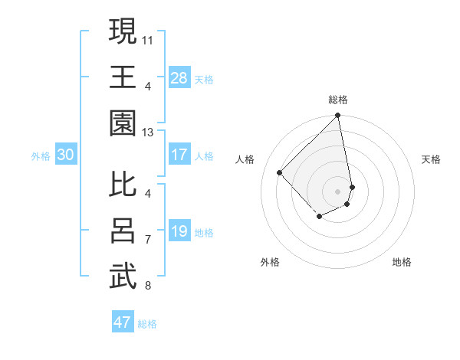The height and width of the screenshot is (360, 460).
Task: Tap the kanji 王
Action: click(123, 77)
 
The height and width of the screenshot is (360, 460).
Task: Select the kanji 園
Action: click(123, 124)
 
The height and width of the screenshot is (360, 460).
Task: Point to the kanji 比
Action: click(123, 184)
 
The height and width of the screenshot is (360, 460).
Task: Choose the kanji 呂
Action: click(123, 231)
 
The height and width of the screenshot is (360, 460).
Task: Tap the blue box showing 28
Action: click(179, 77)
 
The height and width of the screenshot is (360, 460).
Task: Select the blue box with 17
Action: click(179, 155)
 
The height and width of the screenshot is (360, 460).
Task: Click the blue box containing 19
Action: click(179, 231)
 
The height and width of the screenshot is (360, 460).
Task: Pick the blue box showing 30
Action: click(66, 155)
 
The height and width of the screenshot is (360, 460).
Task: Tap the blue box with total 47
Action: click(123, 322)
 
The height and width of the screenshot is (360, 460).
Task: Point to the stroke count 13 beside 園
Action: click(148, 133)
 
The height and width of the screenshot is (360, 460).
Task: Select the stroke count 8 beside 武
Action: click(148, 286)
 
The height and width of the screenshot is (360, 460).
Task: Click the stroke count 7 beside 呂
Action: click(148, 239)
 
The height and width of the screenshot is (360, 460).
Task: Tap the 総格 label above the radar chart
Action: click(338, 100)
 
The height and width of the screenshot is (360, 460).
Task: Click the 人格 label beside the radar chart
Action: click(245, 159)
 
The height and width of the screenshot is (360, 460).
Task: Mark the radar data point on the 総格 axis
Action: click(338, 116)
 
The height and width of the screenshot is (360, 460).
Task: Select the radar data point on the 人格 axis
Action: click(280, 172)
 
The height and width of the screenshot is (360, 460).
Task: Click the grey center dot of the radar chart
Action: click(338, 191)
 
